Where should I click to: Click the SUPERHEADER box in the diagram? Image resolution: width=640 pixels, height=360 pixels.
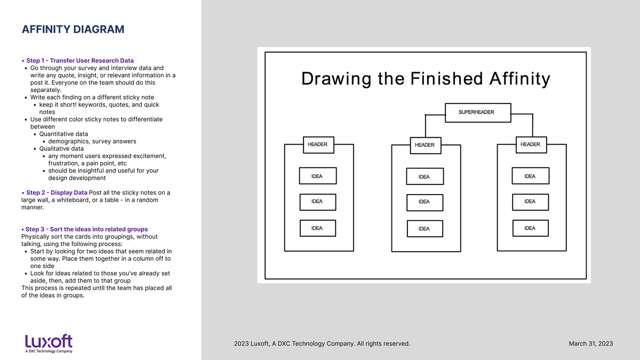pyautogui.click(x=478, y=113)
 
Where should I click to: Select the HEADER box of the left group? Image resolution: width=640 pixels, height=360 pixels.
pyautogui.click(x=318, y=145)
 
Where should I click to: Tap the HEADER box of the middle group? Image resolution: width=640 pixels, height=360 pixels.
pyautogui.click(x=426, y=146)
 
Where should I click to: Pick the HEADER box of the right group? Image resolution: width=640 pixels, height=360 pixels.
pyautogui.click(x=531, y=145)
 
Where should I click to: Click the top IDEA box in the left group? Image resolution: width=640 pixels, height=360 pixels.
pyautogui.click(x=318, y=175)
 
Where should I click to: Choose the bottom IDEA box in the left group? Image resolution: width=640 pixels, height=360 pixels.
pyautogui.click(x=318, y=228)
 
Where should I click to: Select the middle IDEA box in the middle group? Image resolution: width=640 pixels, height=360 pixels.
pyautogui.click(x=425, y=203)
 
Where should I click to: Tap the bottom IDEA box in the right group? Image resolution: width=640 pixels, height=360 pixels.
pyautogui.click(x=531, y=228)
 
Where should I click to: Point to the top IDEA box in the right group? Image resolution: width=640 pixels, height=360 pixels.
pyautogui.click(x=531, y=175)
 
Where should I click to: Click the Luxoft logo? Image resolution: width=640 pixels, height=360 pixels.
pyautogui.click(x=49, y=343)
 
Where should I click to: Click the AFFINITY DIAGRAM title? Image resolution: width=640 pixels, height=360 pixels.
pyautogui.click(x=73, y=29)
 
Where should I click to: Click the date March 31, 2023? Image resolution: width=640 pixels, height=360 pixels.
pyautogui.click(x=591, y=343)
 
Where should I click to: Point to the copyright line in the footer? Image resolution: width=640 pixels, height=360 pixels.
pyautogui.click(x=322, y=343)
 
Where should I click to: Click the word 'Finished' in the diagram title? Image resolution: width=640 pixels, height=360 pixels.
pyautogui.click(x=446, y=78)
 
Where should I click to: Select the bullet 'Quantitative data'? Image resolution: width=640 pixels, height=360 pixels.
pyautogui.click(x=63, y=134)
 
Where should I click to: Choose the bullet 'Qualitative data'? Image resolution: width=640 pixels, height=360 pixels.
pyautogui.click(x=61, y=149)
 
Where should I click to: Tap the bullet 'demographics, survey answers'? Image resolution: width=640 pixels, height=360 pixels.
pyautogui.click(x=92, y=141)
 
